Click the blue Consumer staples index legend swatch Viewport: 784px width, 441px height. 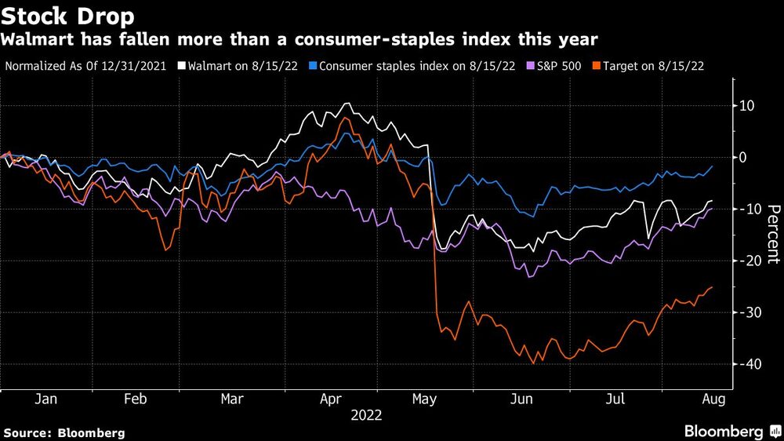[x=314, y=66]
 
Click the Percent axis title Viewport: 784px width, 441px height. [x=773, y=234]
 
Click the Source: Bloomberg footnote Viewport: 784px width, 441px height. [x=64, y=432]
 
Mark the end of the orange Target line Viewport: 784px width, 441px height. [x=712, y=287]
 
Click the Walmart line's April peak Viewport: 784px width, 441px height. [x=346, y=104]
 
